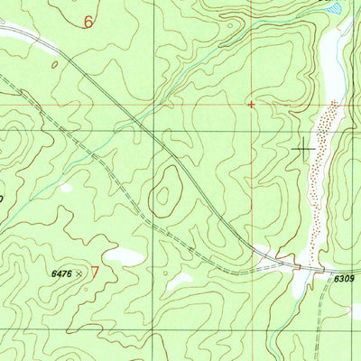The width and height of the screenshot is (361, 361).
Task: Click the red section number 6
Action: pos(88,21)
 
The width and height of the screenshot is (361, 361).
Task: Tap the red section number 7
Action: pos(94,270)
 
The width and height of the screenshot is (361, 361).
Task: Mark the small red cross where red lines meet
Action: pos(251,104)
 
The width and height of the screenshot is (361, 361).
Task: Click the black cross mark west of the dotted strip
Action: pos(304,146)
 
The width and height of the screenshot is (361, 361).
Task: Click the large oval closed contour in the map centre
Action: pos(166,192)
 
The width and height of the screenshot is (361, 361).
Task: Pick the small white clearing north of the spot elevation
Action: pos(66,189)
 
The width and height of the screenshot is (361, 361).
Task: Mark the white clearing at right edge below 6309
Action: pos(356,310)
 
